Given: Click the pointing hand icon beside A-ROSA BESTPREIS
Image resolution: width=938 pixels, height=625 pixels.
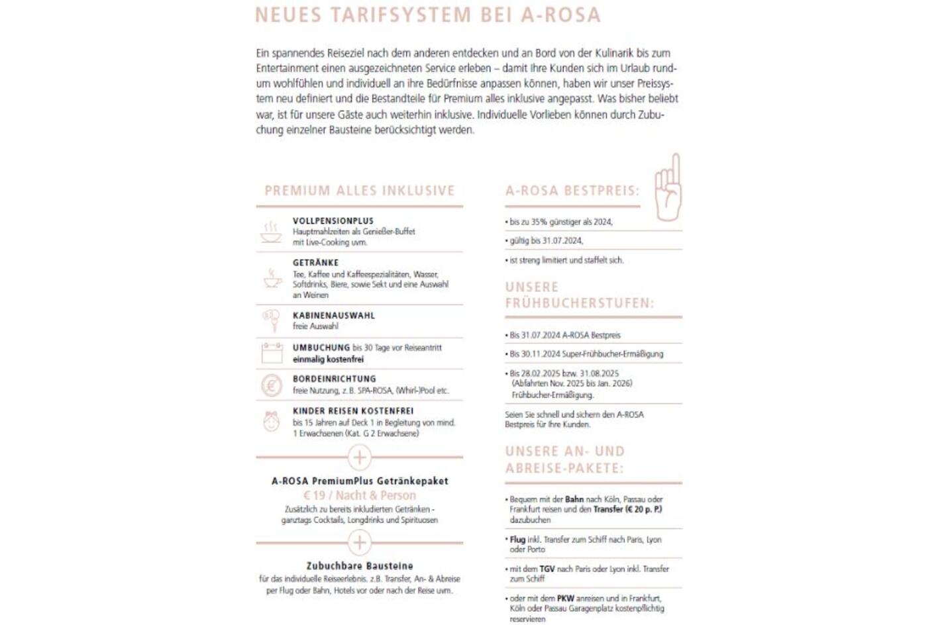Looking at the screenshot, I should pyautogui.click(x=668, y=188).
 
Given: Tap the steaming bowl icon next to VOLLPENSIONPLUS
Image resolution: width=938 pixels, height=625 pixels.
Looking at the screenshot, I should pyautogui.click(x=271, y=232).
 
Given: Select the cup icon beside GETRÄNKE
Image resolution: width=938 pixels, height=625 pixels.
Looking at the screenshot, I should pyautogui.click(x=272, y=278).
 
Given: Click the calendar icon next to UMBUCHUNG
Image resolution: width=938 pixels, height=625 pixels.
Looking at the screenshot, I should pyautogui.click(x=272, y=353).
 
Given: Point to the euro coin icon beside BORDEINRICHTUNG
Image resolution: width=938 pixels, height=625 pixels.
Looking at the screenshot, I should pyautogui.click(x=272, y=385).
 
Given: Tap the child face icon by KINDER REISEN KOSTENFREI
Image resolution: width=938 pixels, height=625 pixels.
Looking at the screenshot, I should pyautogui.click(x=272, y=422).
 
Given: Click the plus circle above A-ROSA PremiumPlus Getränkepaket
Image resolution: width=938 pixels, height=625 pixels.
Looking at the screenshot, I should pyautogui.click(x=359, y=457).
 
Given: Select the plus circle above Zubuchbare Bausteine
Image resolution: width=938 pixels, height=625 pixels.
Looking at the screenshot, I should pyautogui.click(x=359, y=543).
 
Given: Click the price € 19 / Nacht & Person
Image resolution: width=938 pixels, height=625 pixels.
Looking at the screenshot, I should pyautogui.click(x=360, y=495).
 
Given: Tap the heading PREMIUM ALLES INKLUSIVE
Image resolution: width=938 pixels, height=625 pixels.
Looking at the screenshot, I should pyautogui.click(x=360, y=191).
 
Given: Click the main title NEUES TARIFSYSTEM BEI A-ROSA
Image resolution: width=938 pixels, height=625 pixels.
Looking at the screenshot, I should pyautogui.click(x=428, y=15).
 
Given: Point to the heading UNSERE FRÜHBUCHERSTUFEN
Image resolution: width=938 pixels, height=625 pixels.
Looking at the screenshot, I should pyautogui.click(x=579, y=295).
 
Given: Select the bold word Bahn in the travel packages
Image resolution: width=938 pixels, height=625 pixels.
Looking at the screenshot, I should pyautogui.click(x=574, y=499).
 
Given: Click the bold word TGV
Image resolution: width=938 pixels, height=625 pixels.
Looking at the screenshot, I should pyautogui.click(x=547, y=569).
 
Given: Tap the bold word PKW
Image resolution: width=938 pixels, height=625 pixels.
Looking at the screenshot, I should pyautogui.click(x=565, y=598).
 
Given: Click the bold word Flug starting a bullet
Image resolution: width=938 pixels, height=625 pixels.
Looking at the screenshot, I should pyautogui.click(x=517, y=540).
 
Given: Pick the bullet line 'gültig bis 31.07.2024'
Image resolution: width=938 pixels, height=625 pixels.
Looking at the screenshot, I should pyautogui.click(x=547, y=241).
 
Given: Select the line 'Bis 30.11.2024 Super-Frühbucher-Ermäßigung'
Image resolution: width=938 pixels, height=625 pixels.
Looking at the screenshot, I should pyautogui.click(x=586, y=354).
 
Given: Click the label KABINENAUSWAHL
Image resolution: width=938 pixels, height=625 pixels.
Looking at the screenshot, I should pyautogui.click(x=334, y=316).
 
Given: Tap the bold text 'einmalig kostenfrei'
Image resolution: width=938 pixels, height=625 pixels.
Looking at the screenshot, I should pyautogui.click(x=329, y=360).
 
